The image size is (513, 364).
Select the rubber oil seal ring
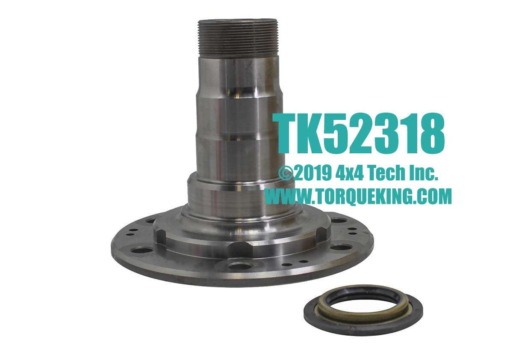pyautogui.click(x=363, y=309)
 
